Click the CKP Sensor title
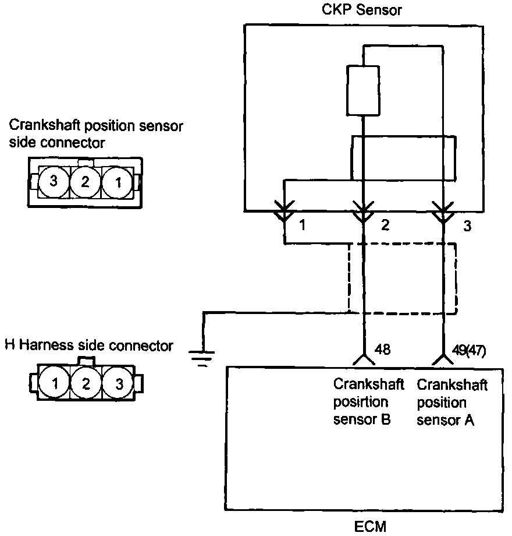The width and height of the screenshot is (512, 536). tap(362, 10)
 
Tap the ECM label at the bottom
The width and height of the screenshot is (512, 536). tap(370, 527)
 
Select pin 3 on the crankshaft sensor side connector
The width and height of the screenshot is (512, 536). tap(54, 181)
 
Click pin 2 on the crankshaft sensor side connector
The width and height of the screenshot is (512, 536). tap(86, 182)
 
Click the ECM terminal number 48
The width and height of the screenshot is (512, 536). tap(382, 350)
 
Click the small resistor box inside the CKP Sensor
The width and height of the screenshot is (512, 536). tap(363, 90)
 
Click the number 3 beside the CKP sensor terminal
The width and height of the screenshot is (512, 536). tap(467, 226)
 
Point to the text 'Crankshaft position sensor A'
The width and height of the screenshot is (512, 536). tap(452, 402)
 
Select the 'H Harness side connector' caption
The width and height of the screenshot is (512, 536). tap(89, 345)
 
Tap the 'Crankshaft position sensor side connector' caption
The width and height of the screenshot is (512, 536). tap(97, 134)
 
